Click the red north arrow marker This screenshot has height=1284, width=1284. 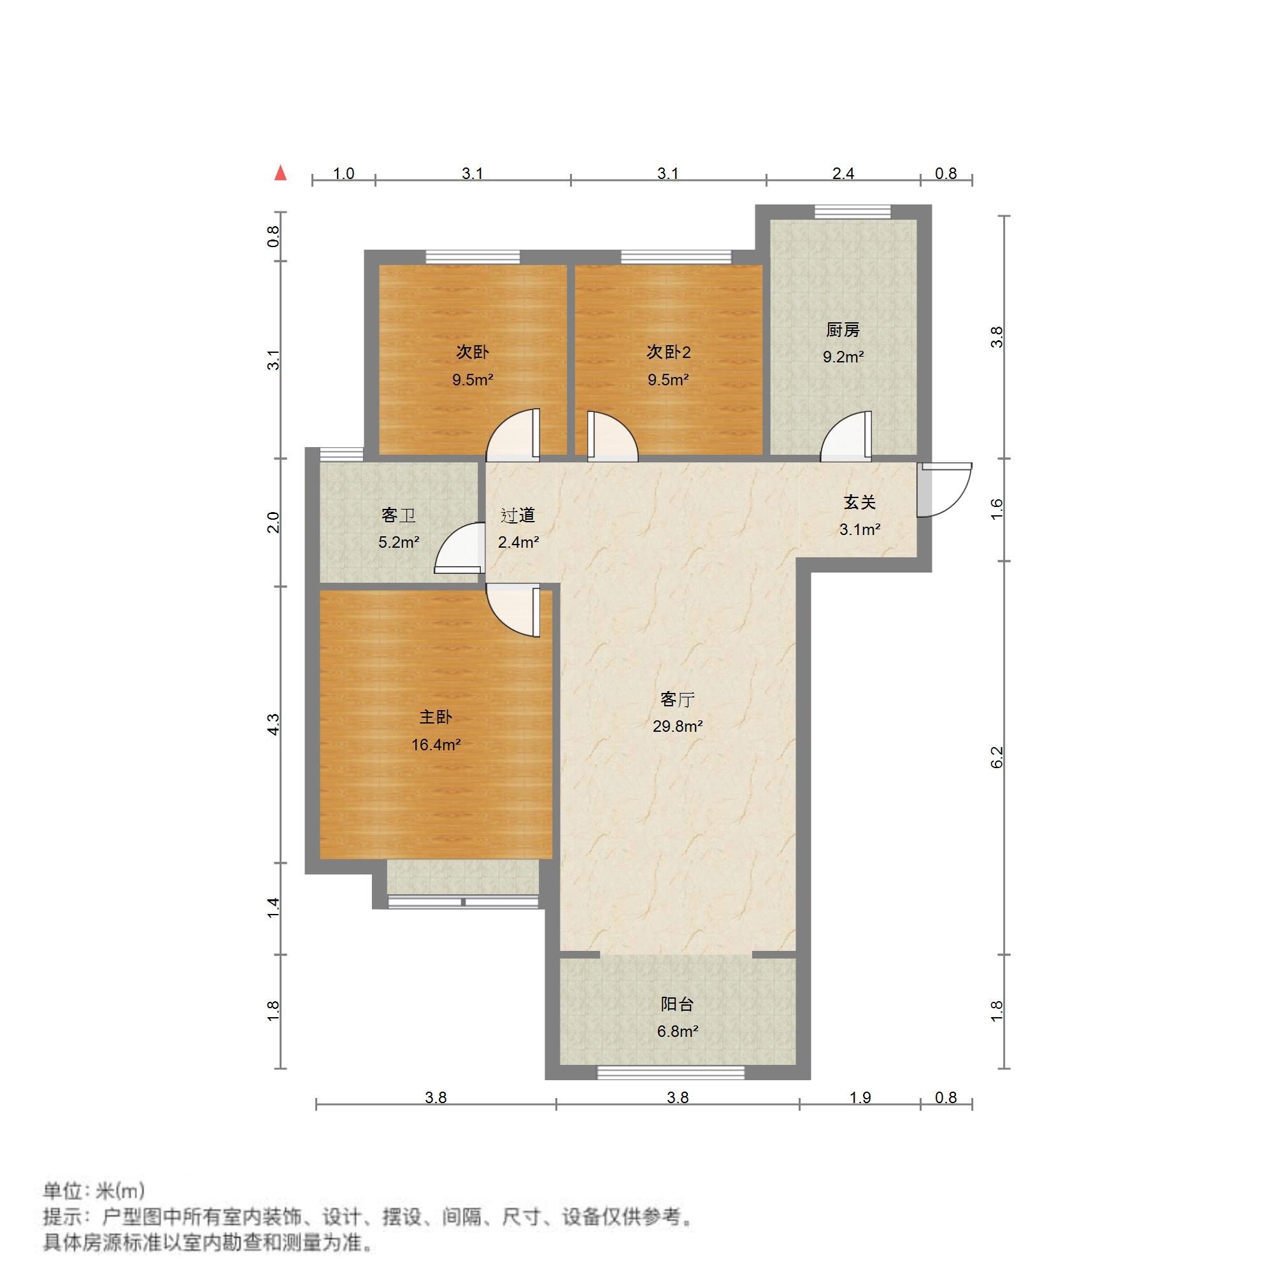pyautogui.click(x=281, y=174)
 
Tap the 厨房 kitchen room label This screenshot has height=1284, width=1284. pyautogui.click(x=843, y=330)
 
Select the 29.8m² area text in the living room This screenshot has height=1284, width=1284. pyautogui.click(x=677, y=727)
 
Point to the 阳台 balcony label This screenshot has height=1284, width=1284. pyautogui.click(x=677, y=1004)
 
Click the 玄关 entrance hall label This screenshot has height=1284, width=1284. pyautogui.click(x=859, y=503)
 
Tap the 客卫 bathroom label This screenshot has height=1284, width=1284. pyautogui.click(x=398, y=515)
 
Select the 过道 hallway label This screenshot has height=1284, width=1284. pyautogui.click(x=518, y=515)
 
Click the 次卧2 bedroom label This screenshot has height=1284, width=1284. pyautogui.click(x=668, y=352)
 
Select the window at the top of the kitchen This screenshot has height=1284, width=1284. pyautogui.click(x=852, y=211)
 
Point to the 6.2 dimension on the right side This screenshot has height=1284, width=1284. pyautogui.click(x=996, y=757)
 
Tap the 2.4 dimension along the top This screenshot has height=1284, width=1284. pyautogui.click(x=843, y=174)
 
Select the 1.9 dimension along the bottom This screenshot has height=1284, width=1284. pyautogui.click(x=860, y=1097)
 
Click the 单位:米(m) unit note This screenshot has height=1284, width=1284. pyautogui.click(x=94, y=1190)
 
